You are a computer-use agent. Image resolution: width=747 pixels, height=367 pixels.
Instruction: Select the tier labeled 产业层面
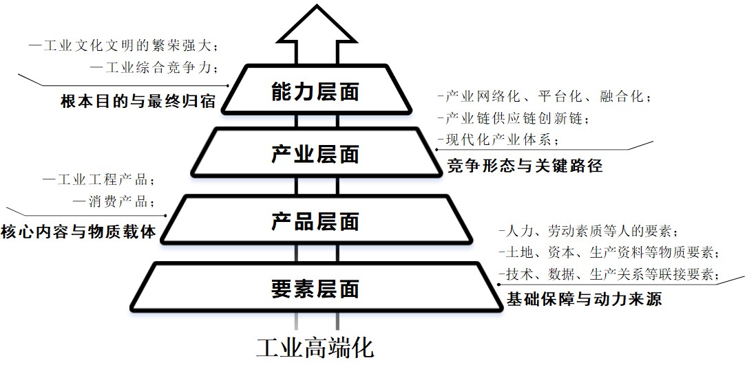pos(316,153)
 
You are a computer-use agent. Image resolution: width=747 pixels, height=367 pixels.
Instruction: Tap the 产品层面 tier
pos(316,221)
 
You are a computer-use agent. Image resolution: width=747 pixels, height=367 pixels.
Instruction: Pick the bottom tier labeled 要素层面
pos(316,288)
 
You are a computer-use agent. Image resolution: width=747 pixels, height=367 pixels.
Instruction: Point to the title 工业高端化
pos(315,348)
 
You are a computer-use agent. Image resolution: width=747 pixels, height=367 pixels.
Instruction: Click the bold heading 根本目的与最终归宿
pos(138,101)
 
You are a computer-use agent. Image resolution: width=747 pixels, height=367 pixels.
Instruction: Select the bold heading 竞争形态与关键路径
pos(525,166)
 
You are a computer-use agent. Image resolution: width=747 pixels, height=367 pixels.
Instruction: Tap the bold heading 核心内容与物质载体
pos(78,232)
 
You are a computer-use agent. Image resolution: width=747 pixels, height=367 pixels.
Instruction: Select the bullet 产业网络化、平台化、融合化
pos(544,97)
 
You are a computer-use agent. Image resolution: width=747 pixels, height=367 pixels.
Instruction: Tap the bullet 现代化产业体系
pos(498,140)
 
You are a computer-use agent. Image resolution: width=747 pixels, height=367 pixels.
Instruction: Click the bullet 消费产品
pos(114,201)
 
